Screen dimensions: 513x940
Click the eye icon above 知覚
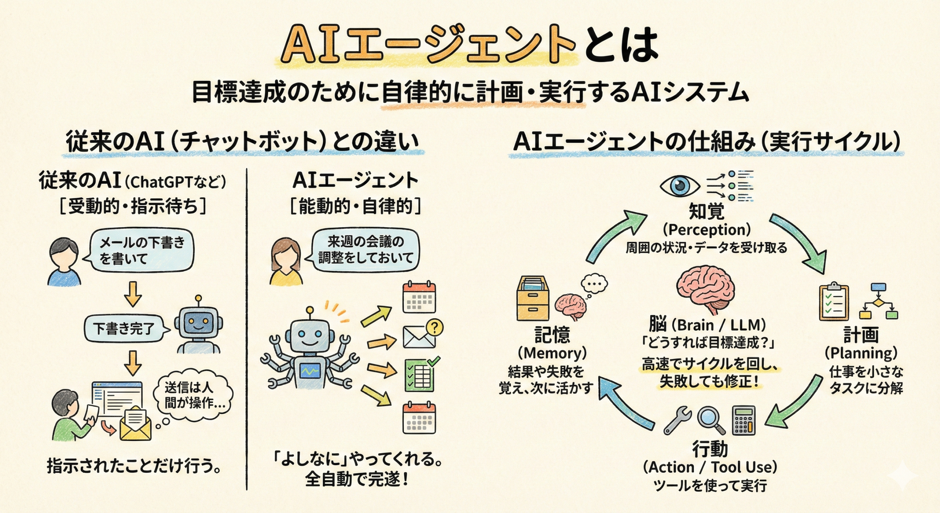tap(680, 186)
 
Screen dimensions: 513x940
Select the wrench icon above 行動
tap(678, 420)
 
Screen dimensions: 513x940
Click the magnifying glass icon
tap(710, 420)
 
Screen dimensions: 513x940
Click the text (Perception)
tap(706, 230)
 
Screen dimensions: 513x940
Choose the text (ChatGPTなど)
tap(176, 182)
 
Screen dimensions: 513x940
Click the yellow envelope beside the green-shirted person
tap(135, 424)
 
